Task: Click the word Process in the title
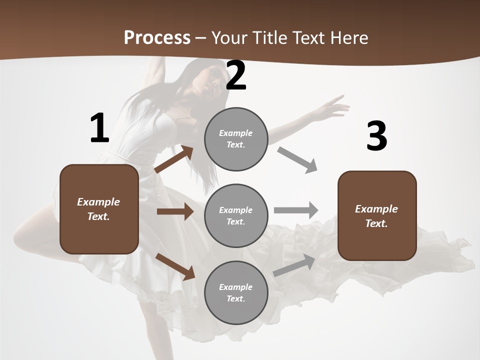[157, 38]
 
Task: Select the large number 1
[99, 128]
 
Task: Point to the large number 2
[236, 76]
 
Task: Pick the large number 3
[376, 136]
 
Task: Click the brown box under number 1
[99, 209]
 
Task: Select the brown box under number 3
[377, 216]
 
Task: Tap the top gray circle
[236, 139]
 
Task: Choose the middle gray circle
[236, 215]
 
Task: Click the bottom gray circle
[236, 292]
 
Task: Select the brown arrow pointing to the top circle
[174, 159]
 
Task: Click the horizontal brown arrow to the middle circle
[175, 211]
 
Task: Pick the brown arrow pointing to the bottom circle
[175, 266]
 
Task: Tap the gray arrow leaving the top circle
[297, 159]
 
